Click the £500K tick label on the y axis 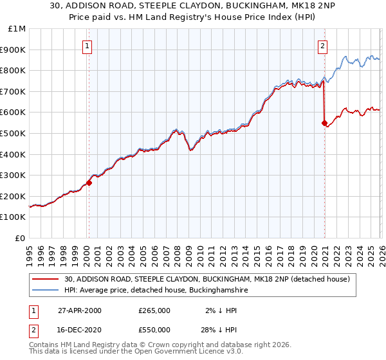pyautogui.click(x=13, y=133)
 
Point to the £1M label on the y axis pyautogui.click(x=17, y=28)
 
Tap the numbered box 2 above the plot pyautogui.click(x=322, y=46)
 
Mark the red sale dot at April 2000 pyautogui.click(x=89, y=183)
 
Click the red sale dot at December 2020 pyautogui.click(x=324, y=123)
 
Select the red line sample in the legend pyautogui.click(x=45, y=279)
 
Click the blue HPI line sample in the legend pyautogui.click(x=45, y=291)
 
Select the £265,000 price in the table pyautogui.click(x=154, y=310)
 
